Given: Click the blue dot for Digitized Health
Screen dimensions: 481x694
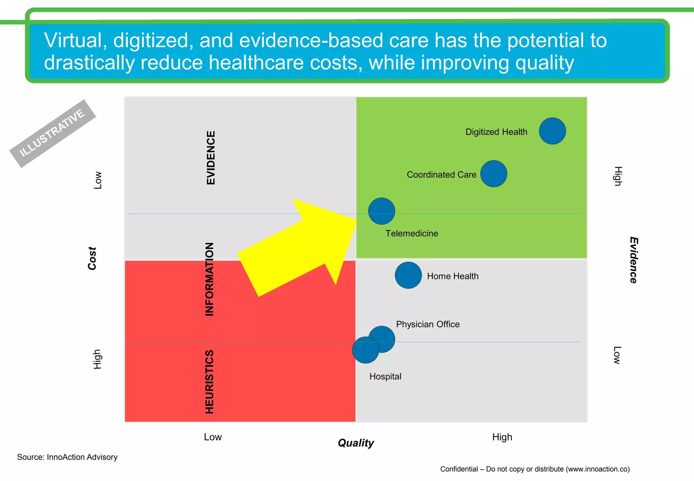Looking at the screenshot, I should click(x=552, y=131).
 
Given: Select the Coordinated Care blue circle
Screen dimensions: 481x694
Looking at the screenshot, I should click(x=494, y=174).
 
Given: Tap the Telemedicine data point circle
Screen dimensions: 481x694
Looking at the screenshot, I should click(x=382, y=211).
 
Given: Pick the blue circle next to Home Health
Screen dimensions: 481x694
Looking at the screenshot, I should click(x=408, y=275).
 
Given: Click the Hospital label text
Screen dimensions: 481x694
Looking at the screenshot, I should click(x=385, y=377).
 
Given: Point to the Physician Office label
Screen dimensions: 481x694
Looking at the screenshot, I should click(x=428, y=324).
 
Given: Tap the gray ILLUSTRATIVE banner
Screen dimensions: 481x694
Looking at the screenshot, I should click(x=53, y=133).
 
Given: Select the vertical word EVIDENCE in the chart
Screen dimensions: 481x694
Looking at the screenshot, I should click(x=211, y=158).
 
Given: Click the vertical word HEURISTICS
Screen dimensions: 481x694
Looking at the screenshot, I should click(x=209, y=382).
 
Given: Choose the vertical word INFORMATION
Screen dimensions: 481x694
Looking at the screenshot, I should click(x=209, y=279).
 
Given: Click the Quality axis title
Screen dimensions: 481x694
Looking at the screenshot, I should click(x=356, y=443).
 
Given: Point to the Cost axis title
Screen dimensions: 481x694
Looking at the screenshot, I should click(x=92, y=258).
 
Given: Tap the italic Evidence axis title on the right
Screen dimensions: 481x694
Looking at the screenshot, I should click(x=633, y=260).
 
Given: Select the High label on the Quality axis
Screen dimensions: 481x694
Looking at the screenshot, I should click(x=502, y=437).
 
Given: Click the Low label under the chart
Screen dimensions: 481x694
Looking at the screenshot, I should click(x=213, y=437).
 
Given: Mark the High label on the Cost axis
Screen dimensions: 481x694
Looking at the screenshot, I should click(x=97, y=359).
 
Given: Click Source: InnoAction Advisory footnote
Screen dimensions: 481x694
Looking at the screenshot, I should click(x=67, y=457).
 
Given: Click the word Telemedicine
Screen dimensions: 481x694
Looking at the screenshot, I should click(x=412, y=233).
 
